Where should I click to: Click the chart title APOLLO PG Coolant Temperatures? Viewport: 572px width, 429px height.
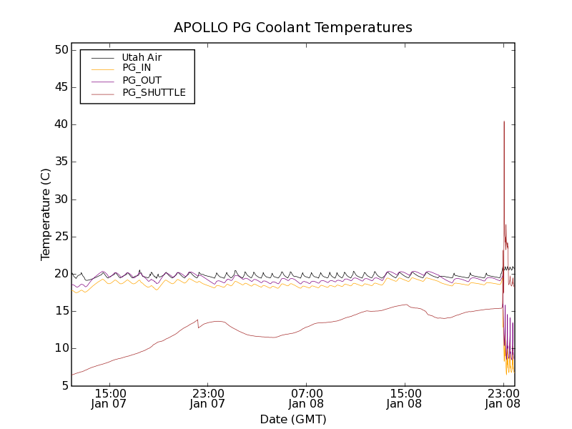[x=293, y=28]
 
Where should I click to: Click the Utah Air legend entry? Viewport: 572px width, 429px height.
[x=142, y=57]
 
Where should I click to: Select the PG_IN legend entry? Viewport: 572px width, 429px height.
[x=137, y=68]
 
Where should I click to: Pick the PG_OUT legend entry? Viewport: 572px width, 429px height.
[x=142, y=80]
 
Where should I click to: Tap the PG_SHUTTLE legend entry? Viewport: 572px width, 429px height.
[x=154, y=92]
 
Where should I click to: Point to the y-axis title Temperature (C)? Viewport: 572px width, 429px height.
[x=46, y=214]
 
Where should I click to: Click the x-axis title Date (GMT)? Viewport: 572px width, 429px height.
[x=293, y=419]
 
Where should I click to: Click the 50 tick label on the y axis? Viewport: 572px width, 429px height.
[x=59, y=50]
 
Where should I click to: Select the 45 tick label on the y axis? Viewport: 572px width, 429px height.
[x=59, y=87]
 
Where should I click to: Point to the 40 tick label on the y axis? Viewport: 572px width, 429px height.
[x=59, y=124]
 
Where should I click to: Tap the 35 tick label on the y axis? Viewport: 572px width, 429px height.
[x=59, y=162]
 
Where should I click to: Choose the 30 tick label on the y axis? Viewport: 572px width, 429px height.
[x=59, y=199]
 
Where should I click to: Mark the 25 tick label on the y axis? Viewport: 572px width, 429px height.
[x=59, y=237]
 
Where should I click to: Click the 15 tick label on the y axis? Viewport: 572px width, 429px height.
[x=59, y=311]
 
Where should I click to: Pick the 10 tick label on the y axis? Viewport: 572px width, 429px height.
[x=59, y=348]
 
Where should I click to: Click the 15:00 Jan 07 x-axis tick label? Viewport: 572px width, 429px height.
[x=111, y=398]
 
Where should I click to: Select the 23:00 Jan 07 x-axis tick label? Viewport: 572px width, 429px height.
[x=209, y=398]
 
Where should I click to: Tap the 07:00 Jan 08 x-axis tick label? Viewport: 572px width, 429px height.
[x=307, y=398]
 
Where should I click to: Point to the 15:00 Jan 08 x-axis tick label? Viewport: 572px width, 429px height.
[x=405, y=398]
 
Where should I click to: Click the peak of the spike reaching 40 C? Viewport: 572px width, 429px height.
[x=504, y=122]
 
